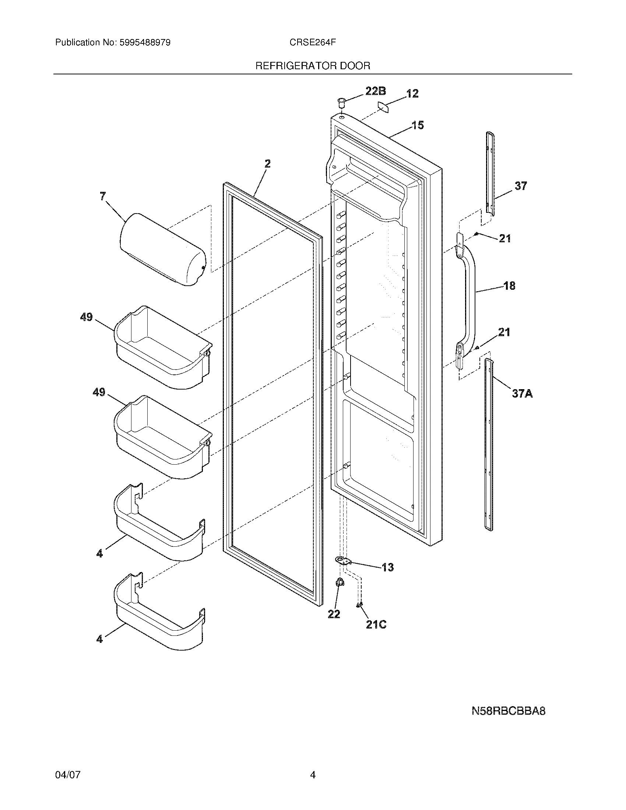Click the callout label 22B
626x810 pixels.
(x=375, y=91)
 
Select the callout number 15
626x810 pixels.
(x=418, y=125)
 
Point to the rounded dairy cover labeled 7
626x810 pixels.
(x=162, y=250)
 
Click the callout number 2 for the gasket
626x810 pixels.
(x=267, y=163)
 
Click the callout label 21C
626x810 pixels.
(x=376, y=625)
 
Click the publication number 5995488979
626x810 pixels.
(x=145, y=43)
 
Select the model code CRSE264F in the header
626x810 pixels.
(x=313, y=43)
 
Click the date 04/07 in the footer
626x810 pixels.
(x=67, y=775)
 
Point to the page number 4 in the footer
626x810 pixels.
(x=313, y=775)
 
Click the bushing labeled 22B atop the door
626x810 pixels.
(x=341, y=101)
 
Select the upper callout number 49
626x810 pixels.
(x=87, y=317)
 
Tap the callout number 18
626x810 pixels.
(x=509, y=286)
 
